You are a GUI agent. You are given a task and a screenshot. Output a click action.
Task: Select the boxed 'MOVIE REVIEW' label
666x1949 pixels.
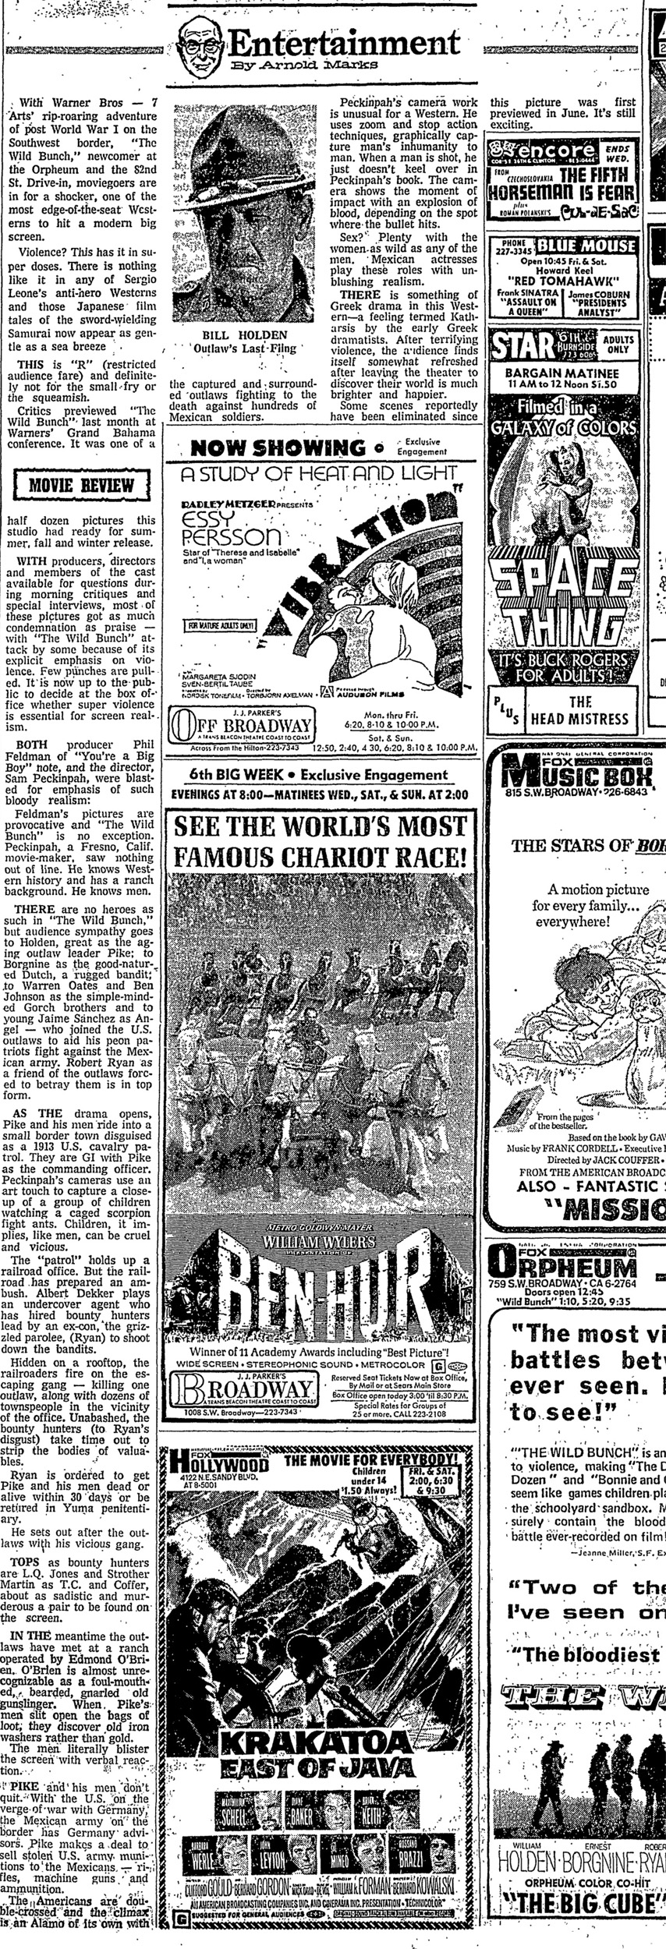pos(85,486)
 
